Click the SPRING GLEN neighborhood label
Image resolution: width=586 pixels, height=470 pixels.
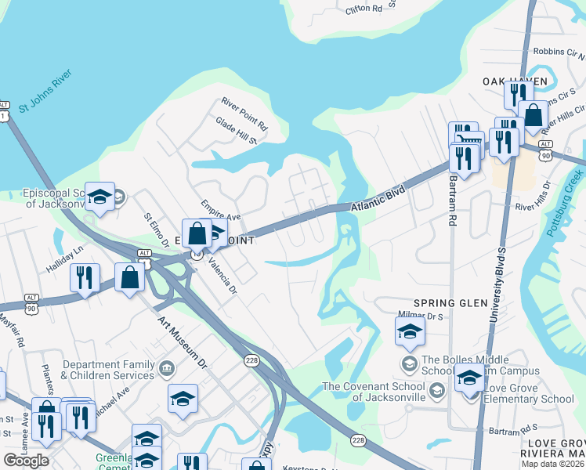450,302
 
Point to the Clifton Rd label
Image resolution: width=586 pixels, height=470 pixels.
364,10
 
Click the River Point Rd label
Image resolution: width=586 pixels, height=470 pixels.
244,114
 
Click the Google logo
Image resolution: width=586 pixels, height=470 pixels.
26,461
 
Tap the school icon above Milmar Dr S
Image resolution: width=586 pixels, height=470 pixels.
410,331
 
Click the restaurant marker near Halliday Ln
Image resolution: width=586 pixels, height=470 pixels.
85,277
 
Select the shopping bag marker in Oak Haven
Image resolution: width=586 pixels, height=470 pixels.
533,115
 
